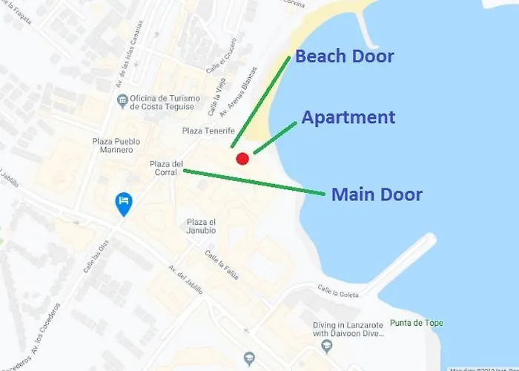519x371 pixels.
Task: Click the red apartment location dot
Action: click(242, 158)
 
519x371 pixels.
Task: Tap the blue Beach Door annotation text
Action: click(345, 56)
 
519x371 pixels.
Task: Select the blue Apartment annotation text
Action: click(348, 117)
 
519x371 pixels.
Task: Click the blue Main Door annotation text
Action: click(377, 195)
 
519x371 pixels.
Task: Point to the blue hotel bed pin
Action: click(124, 203)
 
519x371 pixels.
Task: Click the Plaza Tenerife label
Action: click(208, 131)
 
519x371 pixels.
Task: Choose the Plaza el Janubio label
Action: click(202, 226)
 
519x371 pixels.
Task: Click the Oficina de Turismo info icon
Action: click(122, 99)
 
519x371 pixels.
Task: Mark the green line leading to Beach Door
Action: click(260, 100)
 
